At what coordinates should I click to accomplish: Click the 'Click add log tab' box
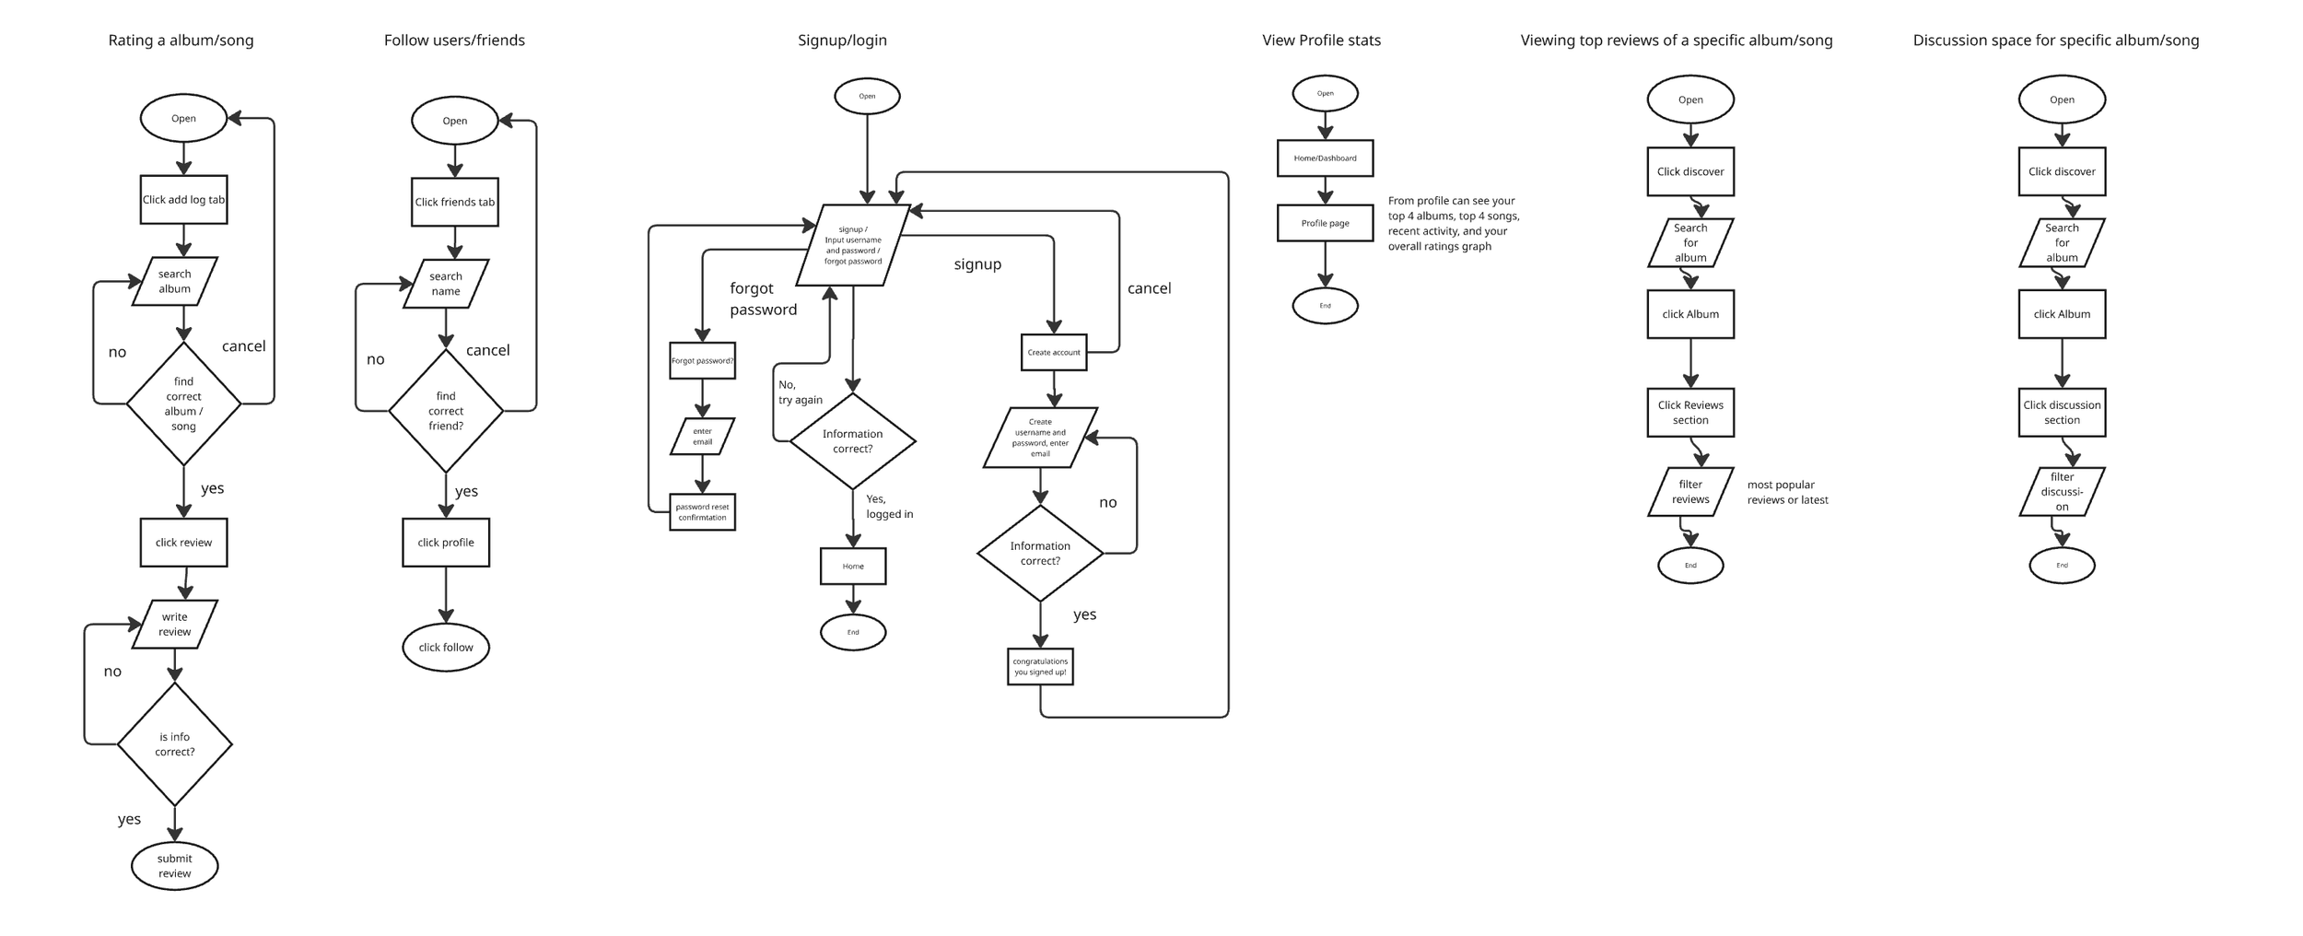183,200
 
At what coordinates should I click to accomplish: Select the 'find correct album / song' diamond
183,404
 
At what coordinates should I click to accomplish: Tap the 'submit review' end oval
174,866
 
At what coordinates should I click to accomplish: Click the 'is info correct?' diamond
174,744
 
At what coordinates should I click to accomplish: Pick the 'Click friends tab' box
454,203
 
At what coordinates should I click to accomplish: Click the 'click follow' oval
446,648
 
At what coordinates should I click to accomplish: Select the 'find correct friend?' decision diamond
446,411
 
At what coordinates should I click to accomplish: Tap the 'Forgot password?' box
702,361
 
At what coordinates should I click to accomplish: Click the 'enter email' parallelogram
702,437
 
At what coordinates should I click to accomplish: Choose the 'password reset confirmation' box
702,512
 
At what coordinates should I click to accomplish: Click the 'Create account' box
1054,353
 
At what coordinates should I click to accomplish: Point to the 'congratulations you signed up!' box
1040,667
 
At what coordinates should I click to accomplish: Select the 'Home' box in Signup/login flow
853,567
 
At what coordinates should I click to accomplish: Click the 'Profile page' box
1325,224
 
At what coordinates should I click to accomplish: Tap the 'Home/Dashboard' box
1325,158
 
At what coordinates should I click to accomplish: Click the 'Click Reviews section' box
1690,413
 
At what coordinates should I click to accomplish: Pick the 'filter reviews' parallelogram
1690,492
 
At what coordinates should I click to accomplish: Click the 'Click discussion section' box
2062,413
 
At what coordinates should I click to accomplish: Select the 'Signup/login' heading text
842,41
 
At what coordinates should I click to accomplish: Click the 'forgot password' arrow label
763,299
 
